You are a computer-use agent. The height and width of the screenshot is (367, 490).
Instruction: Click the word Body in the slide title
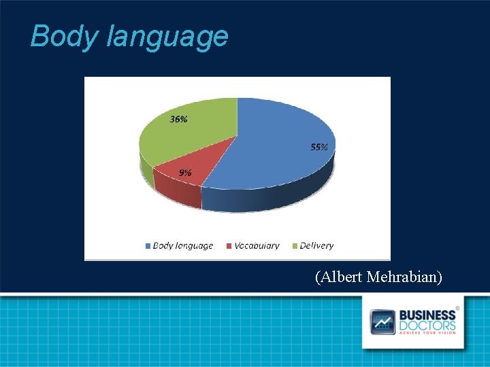tap(65, 36)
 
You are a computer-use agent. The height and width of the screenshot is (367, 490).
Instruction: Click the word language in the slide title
tap(167, 37)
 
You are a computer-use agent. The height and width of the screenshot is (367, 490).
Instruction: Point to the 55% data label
tap(319, 147)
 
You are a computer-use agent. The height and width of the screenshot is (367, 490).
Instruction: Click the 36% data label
tap(179, 119)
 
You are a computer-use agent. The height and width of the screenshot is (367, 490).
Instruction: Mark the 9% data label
tap(185, 173)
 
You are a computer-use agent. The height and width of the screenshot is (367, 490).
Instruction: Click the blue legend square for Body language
tap(148, 245)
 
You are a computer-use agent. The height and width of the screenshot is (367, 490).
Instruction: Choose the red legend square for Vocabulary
tap(229, 245)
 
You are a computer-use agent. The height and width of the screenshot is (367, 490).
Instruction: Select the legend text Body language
tap(182, 245)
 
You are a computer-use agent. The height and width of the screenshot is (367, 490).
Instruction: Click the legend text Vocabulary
tap(257, 245)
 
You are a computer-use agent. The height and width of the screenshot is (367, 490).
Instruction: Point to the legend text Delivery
tap(316, 245)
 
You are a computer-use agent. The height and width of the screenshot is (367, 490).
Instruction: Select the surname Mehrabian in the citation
tap(404, 277)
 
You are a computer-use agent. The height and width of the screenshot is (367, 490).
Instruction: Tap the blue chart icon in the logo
tap(382, 321)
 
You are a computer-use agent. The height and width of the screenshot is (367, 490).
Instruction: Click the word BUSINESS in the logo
tap(427, 315)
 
